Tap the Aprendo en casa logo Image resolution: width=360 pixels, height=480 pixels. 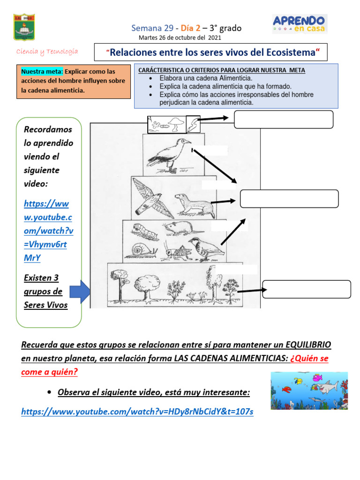coord(300,23)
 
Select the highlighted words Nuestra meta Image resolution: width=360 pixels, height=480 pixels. coord(42,72)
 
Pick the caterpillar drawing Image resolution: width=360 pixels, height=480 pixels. coord(141,229)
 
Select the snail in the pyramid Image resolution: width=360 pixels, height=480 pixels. coord(143,250)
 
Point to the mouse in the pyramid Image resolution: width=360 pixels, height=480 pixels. coord(175,228)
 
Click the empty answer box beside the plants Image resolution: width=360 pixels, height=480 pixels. coord(307,289)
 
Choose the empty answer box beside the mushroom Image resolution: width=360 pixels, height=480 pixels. coord(284,119)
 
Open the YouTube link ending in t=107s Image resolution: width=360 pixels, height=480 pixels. coord(137,412)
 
